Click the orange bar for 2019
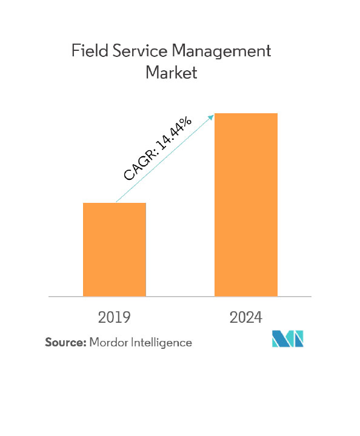(115, 249)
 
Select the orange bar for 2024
(246, 205)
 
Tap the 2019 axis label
(114, 317)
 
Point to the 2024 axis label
(245, 317)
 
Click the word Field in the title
(90, 51)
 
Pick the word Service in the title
(140, 51)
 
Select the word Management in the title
(221, 51)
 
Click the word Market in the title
(172, 72)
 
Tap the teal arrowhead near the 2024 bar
(211, 117)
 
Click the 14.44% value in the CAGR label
(174, 133)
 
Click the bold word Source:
(65, 342)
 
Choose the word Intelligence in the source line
(161, 343)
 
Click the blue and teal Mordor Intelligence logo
(288, 339)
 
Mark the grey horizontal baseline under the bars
(180, 297)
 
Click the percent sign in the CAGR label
(185, 122)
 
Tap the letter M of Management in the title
(179, 51)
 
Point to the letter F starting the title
(76, 51)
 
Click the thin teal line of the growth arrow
(165, 158)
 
